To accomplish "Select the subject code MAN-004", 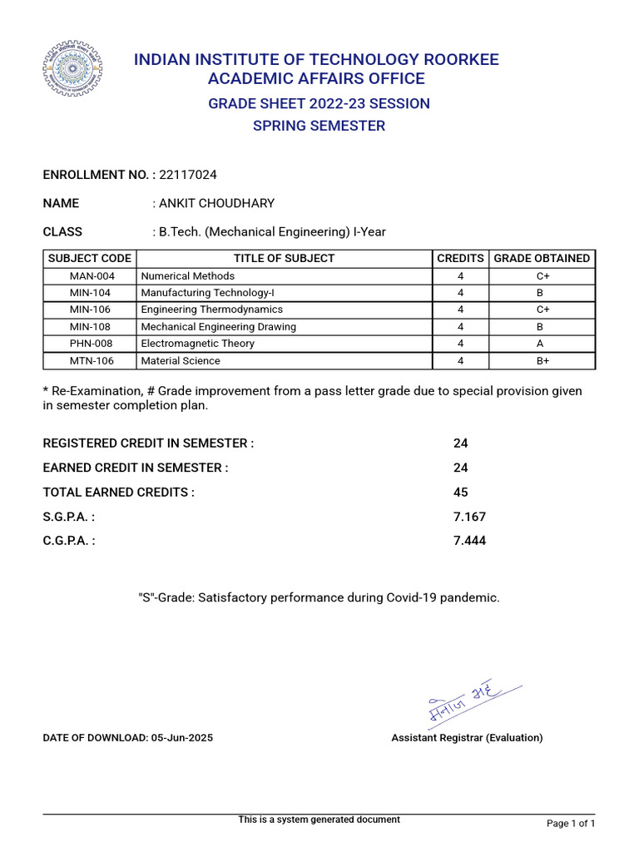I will pos(90,276).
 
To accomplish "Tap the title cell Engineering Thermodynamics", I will pos(212,310).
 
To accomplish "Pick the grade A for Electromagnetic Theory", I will pos(542,344).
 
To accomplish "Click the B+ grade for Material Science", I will pos(542,361).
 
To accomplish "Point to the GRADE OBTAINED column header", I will pos(542,259).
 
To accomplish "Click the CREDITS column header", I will pos(460,259).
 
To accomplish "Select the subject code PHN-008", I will pos(90,344).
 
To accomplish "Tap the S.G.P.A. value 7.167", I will pos(469,517).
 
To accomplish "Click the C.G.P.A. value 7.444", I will pos(469,541).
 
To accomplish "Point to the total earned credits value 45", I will pos(461,493).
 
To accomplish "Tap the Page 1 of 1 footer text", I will pos(571,824).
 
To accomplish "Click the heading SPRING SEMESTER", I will pos(319,126).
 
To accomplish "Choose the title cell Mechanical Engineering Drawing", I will pos(219,327).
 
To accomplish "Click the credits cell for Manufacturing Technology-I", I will pos(460,293).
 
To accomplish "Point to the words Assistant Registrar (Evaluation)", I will pos(467,738).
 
